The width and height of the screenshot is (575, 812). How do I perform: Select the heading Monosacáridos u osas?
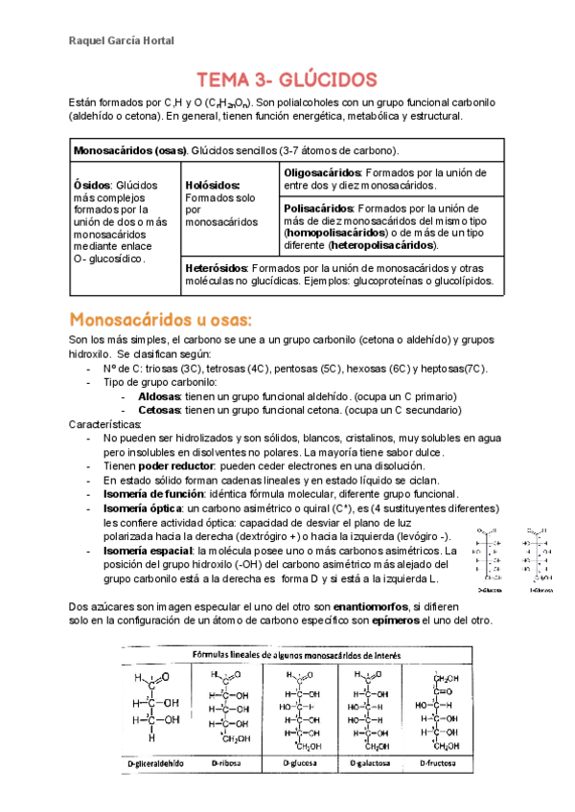point(160,318)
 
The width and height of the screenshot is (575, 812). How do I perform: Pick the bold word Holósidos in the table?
point(213,184)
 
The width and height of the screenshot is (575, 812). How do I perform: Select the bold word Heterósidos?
point(217,268)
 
